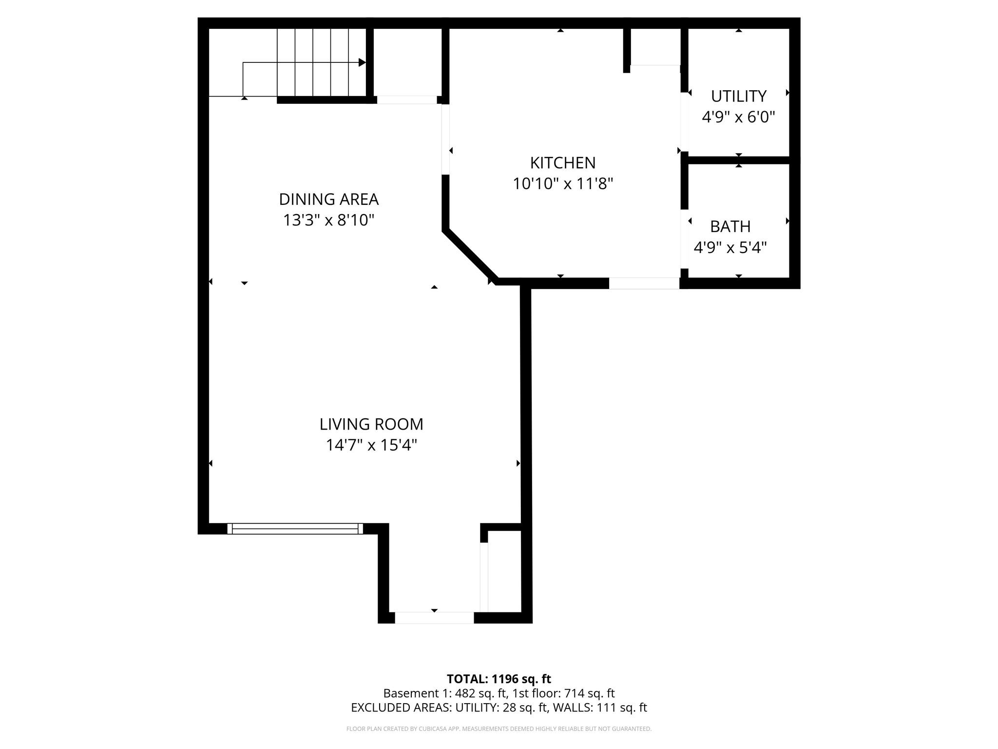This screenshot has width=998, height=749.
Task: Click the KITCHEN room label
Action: [x=562, y=162]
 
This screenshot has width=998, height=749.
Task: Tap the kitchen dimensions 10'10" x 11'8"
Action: [x=562, y=184]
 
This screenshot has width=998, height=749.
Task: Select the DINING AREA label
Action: [x=328, y=199]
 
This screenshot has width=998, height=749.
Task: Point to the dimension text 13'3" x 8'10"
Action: [x=328, y=220]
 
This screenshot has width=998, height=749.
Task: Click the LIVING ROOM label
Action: [x=371, y=424]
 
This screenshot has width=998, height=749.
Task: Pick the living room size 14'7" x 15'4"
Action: [x=371, y=445]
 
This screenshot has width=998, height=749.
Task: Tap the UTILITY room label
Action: [x=738, y=96]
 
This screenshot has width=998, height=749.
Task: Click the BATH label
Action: [x=730, y=226]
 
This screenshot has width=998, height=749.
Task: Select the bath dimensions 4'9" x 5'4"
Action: [x=730, y=248]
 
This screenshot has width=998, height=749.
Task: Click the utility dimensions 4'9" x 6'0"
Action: [x=738, y=117]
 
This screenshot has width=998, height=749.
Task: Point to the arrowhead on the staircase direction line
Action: [x=362, y=62]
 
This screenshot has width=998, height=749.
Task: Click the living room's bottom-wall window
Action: [x=295, y=529]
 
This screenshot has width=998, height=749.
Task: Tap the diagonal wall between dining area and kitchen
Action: [x=470, y=256]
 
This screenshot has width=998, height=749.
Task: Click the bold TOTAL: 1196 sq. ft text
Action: [x=499, y=679]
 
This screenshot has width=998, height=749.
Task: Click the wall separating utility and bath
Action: [x=738, y=160]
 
